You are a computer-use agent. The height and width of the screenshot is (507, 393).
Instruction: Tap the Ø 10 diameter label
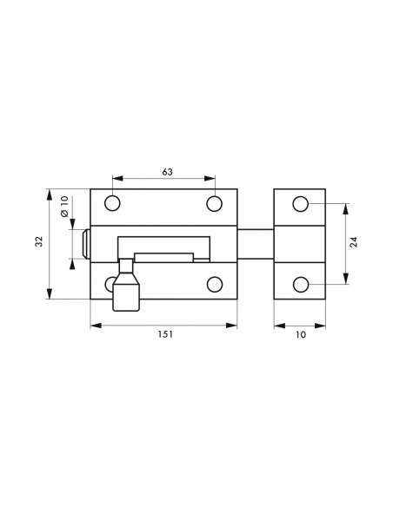point(64,207)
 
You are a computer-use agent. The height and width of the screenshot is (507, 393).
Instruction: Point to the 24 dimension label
point(354,242)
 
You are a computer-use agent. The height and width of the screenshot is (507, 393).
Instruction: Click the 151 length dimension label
point(165,336)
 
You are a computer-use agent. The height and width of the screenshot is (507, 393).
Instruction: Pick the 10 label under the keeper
point(300,336)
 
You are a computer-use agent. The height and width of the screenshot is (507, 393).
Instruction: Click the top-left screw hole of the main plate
point(112,203)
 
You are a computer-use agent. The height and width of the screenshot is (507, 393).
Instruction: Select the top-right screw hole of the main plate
point(214,203)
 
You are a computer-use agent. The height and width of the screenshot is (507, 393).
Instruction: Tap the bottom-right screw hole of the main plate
point(214,284)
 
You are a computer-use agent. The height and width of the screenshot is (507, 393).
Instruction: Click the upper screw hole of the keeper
point(300,204)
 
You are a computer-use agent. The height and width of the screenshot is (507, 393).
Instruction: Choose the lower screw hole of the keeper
point(300,284)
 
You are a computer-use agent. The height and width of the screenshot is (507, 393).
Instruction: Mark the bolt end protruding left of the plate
point(85,244)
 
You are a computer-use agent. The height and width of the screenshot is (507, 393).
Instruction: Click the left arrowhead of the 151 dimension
point(94,326)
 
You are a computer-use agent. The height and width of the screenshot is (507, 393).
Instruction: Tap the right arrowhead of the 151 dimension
point(233,326)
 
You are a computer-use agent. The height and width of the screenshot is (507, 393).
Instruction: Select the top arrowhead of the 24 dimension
point(345,207)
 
